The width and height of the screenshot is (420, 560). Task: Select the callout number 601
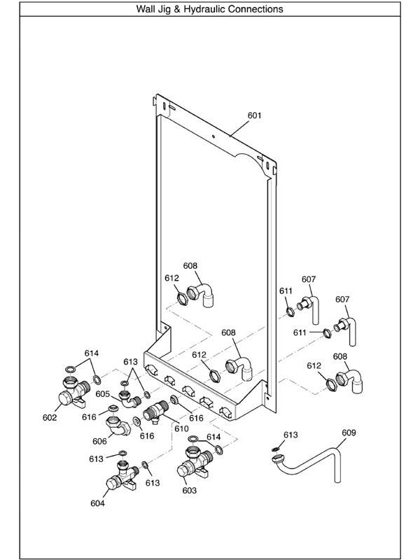[254, 115]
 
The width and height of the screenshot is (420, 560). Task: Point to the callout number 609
[349, 433]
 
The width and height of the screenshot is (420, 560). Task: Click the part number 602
[50, 418]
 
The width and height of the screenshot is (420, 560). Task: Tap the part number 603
[189, 491]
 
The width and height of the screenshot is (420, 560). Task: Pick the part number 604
[98, 503]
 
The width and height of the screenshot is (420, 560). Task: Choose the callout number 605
[103, 394]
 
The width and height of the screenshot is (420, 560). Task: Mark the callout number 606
[99, 441]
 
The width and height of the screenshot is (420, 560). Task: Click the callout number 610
[181, 428]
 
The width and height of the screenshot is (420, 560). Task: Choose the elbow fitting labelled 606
[116, 425]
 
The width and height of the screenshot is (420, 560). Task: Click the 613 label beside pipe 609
[290, 435]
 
